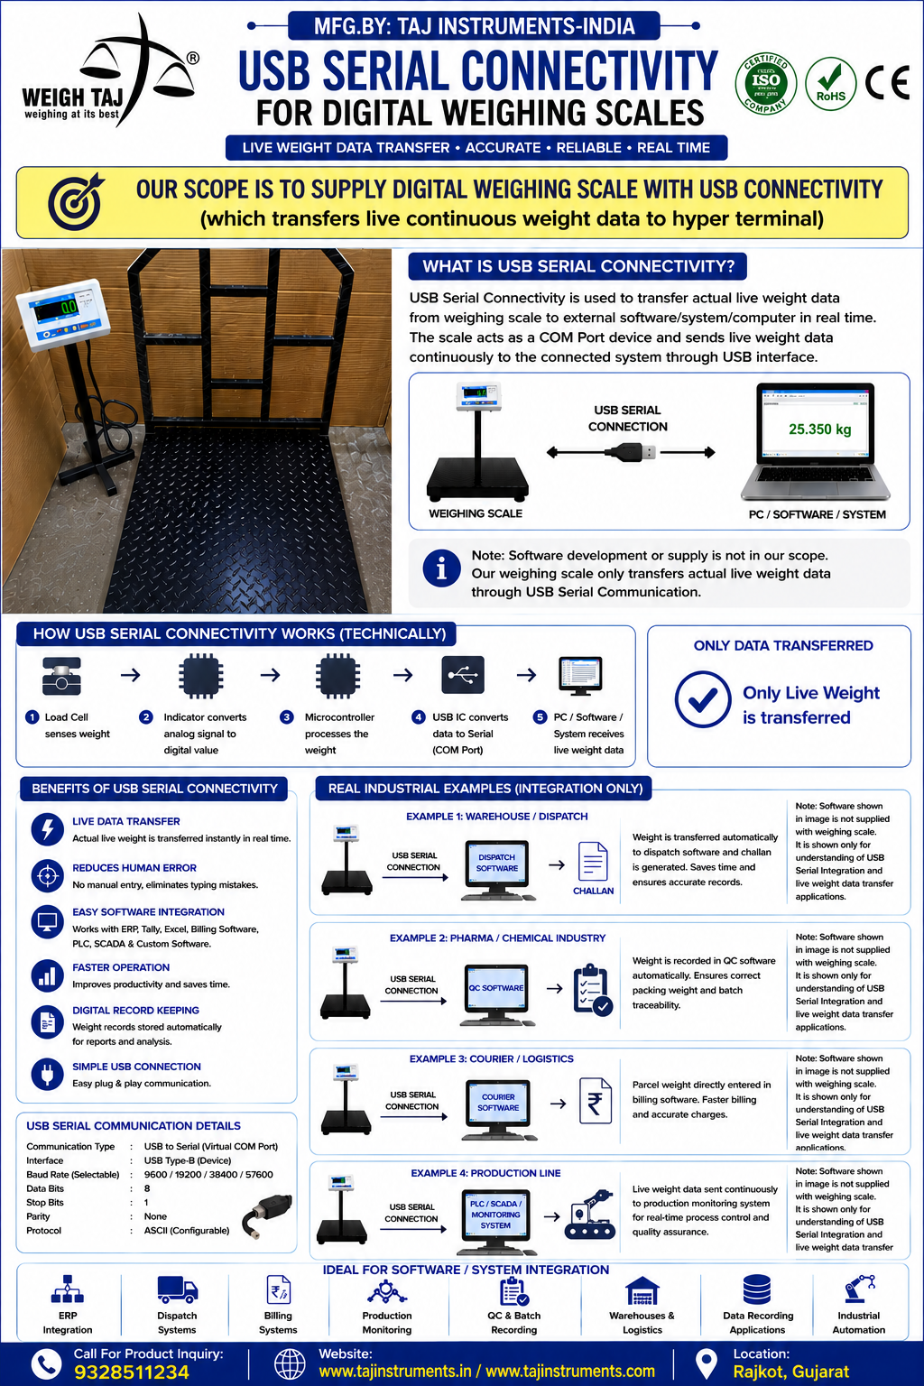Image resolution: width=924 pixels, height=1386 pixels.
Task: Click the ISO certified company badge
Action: click(765, 83)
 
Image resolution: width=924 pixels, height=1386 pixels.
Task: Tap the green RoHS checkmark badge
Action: click(830, 84)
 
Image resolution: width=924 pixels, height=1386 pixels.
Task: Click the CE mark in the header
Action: click(887, 82)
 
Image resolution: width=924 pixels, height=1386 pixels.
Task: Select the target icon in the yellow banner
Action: click(76, 202)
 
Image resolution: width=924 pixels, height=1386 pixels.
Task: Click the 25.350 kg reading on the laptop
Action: click(819, 429)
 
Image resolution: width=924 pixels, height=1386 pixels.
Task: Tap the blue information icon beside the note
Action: click(441, 568)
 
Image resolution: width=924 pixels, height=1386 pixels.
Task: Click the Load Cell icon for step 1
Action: click(61, 676)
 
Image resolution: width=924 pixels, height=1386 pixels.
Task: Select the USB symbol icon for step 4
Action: click(463, 674)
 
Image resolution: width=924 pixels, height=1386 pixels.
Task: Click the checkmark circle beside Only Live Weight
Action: click(702, 699)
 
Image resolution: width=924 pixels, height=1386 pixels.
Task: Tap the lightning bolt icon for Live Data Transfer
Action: click(48, 829)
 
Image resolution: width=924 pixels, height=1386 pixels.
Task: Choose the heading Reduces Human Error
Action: click(134, 867)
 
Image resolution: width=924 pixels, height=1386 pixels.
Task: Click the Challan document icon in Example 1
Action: click(592, 861)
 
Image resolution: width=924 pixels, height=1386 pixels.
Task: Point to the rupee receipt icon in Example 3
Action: click(595, 1101)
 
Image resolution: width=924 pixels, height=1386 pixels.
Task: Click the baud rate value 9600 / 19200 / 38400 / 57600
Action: click(208, 1174)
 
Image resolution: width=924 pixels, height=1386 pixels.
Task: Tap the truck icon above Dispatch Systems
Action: click(177, 1290)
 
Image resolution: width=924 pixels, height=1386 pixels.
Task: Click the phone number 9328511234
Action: click(131, 1372)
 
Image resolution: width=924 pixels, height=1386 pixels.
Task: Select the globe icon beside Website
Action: click(290, 1364)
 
